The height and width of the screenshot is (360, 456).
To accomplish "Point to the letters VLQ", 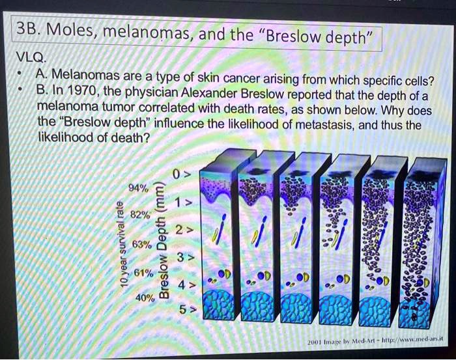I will click(29, 57).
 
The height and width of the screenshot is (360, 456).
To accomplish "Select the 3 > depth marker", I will click(183, 256).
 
